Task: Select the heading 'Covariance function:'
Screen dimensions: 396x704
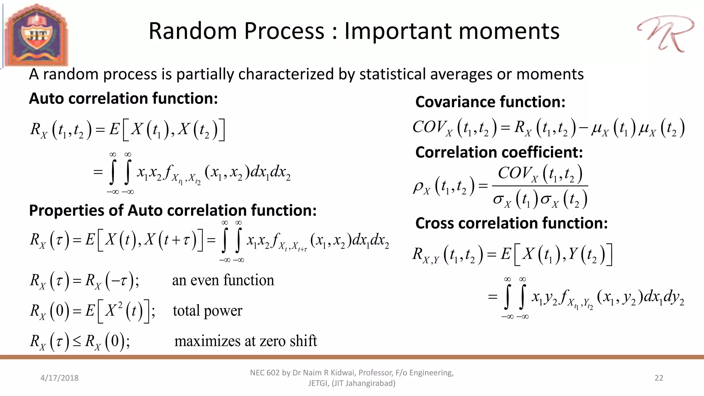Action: click(490, 102)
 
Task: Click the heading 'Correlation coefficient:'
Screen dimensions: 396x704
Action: click(499, 152)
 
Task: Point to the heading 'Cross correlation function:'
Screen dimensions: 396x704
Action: click(511, 223)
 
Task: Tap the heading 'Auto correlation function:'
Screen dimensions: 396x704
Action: click(123, 99)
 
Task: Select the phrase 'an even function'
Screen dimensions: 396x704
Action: click(223, 280)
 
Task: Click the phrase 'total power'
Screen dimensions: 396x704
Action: click(207, 311)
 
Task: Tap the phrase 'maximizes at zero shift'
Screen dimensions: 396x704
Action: click(245, 341)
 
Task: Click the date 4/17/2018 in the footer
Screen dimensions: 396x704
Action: click(59, 378)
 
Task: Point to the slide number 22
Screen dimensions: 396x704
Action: click(659, 378)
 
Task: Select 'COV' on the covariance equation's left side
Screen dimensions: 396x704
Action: click(428, 127)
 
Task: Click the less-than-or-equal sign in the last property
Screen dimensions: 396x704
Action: click(77, 341)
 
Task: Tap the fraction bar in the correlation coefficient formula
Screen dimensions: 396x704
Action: click(540, 186)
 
